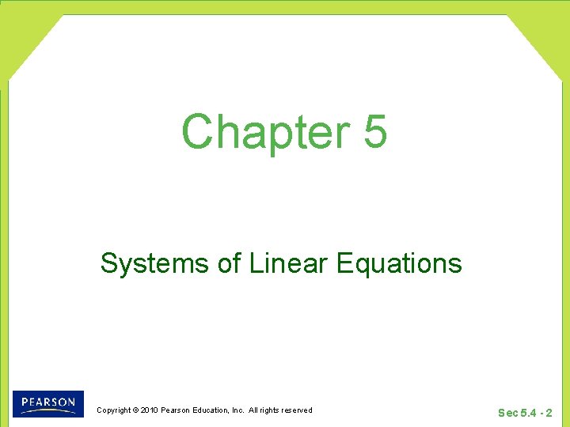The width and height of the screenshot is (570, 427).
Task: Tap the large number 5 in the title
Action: pyautogui.click(x=375, y=131)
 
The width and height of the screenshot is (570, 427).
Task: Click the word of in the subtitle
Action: pyautogui.click(x=230, y=263)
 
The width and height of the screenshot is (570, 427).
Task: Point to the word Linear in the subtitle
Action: pyautogui.click(x=288, y=263)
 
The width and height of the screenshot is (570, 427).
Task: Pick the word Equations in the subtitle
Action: pyautogui.click(x=399, y=263)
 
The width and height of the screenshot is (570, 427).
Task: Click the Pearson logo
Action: pyautogui.click(x=48, y=404)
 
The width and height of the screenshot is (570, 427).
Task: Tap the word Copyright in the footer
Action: pyautogui.click(x=113, y=410)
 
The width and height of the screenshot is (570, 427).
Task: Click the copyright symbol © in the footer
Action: pyautogui.click(x=135, y=410)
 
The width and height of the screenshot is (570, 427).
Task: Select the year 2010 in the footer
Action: pyautogui.click(x=150, y=410)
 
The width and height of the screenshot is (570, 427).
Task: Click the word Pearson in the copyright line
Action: pyautogui.click(x=176, y=410)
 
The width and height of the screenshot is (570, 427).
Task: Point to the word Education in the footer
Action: pyautogui.click(x=213, y=410)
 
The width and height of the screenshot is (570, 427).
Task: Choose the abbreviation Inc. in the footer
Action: pyautogui.click(x=238, y=410)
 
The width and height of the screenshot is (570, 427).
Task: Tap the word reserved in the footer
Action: pyautogui.click(x=297, y=410)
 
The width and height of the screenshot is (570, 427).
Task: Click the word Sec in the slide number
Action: pyautogui.click(x=507, y=413)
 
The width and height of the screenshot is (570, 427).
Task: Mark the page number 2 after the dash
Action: pyautogui.click(x=549, y=413)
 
